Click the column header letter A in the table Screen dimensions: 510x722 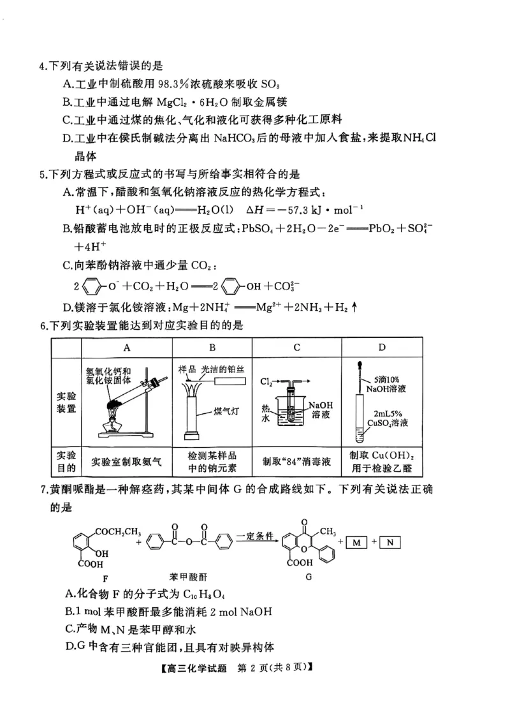(127, 347)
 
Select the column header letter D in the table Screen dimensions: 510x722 (382, 347)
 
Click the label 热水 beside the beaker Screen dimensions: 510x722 (265, 413)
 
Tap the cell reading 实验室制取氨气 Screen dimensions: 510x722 (127, 460)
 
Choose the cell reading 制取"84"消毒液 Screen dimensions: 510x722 (297, 460)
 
